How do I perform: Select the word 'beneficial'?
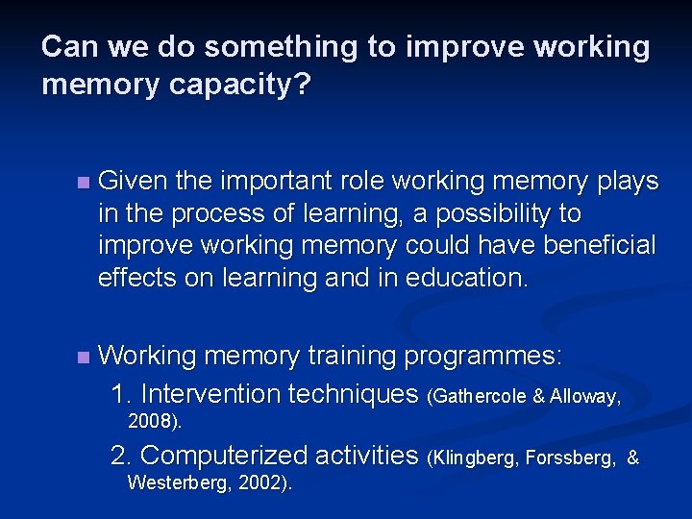600,245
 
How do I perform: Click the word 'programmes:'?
483,356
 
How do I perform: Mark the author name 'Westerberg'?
175,482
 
